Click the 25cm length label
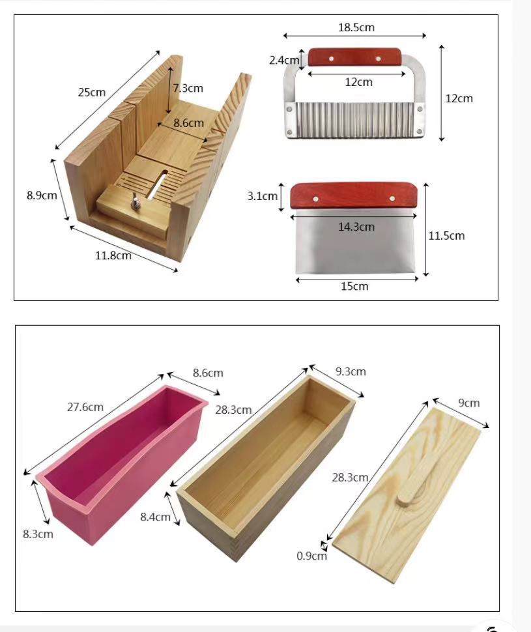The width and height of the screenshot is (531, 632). (92, 92)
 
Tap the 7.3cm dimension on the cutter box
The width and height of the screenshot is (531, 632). (188, 87)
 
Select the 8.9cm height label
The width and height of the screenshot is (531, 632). (42, 195)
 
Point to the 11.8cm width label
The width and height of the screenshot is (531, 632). (113, 255)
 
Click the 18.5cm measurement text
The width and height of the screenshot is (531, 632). (356, 27)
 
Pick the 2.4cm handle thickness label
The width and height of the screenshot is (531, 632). (283, 60)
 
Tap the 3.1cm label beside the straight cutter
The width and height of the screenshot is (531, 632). (263, 195)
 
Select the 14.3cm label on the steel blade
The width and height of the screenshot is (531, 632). (356, 227)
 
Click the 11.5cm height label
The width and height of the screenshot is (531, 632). (446, 235)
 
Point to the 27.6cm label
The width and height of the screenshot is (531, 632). (85, 407)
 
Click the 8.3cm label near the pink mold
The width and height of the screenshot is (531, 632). (37, 534)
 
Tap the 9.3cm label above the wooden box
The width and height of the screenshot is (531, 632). (351, 371)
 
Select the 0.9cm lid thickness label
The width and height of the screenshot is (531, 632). (311, 556)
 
